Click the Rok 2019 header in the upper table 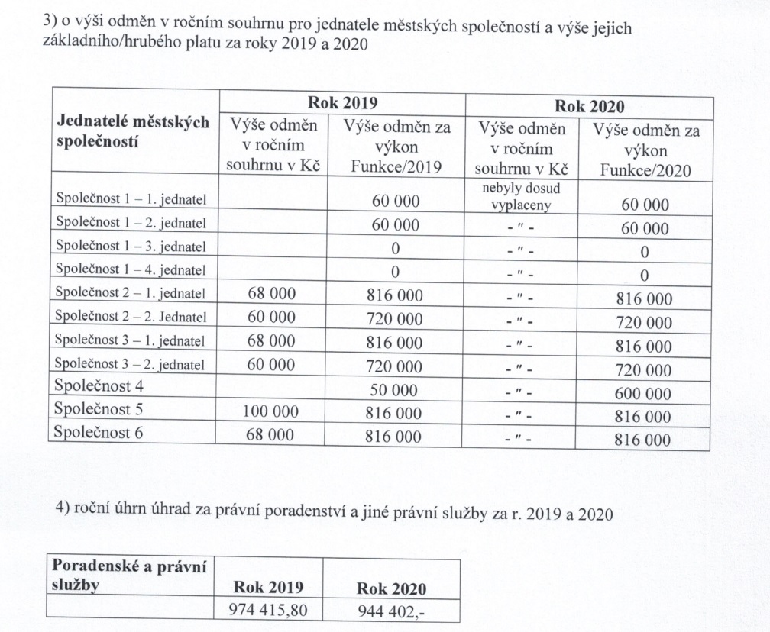[x=342, y=103]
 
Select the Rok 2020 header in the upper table [x=589, y=106]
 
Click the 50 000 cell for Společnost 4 [x=395, y=390]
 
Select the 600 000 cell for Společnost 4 [x=643, y=394]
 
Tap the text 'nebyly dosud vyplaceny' [x=522, y=197]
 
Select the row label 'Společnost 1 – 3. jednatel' [x=131, y=246]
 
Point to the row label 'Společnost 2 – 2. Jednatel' [x=131, y=316]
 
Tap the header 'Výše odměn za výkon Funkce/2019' [x=396, y=148]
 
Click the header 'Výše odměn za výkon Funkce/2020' [x=645, y=150]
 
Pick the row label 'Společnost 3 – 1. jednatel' [x=131, y=340]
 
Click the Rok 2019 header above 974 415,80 [x=266, y=588]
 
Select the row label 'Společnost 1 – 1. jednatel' [x=131, y=198]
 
